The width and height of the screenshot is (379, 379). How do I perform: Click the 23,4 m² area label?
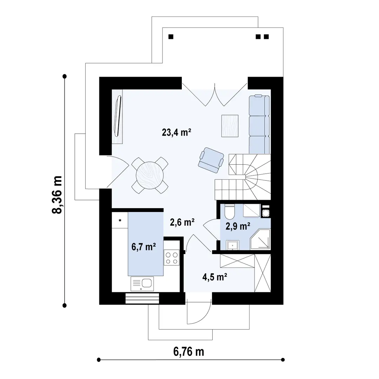pyautogui.click(x=177, y=132)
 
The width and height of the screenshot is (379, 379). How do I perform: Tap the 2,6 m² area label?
pyautogui.click(x=182, y=222)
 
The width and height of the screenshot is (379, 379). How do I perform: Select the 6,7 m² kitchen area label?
pyautogui.click(x=144, y=247)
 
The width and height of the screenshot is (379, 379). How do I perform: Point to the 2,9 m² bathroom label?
pyautogui.click(x=238, y=226)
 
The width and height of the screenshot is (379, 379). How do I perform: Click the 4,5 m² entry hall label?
pyautogui.click(x=215, y=277)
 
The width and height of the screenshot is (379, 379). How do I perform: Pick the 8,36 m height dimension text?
pyautogui.click(x=57, y=194)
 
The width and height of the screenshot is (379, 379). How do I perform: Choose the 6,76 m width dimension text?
pyautogui.click(x=188, y=352)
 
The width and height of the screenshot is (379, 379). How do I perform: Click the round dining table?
pyautogui.click(x=149, y=175)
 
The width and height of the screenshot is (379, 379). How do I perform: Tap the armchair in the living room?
pyautogui.click(x=211, y=160)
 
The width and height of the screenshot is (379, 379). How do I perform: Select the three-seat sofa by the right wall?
pyautogui.click(x=259, y=124)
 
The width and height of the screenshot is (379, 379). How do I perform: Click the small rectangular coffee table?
pyautogui.click(x=230, y=126)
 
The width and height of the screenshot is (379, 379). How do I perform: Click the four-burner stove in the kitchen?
pyautogui.click(x=172, y=258)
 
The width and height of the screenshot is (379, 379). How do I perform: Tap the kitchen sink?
pyautogui.click(x=142, y=284)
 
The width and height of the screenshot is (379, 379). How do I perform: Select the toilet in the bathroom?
pyautogui.click(x=230, y=211)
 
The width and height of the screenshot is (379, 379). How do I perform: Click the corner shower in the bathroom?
pyautogui.click(x=260, y=240)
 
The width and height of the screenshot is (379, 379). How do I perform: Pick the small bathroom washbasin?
pyautogui.click(x=233, y=245)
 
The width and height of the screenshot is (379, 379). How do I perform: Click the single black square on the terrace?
pyautogui.click(x=171, y=37)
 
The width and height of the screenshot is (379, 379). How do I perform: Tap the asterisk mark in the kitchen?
pyautogui.click(x=120, y=220)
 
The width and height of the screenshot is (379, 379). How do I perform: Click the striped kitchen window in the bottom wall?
pyautogui.click(x=142, y=299)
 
